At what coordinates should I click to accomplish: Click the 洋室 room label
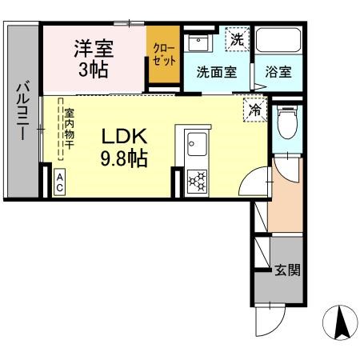point(94,48)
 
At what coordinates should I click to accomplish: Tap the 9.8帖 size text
point(122,158)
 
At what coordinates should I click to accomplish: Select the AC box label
point(60,182)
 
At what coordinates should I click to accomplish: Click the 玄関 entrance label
point(288,270)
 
